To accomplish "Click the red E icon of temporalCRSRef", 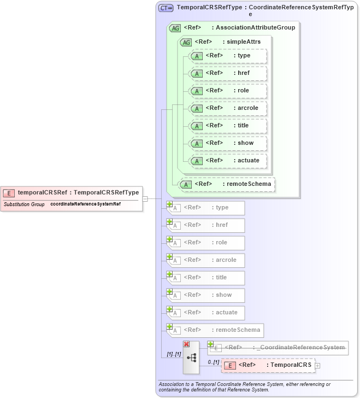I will pyautogui.click(x=9, y=192).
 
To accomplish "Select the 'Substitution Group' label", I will pyautogui.click(x=24, y=204).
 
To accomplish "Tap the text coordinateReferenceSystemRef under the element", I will pyautogui.click(x=85, y=204).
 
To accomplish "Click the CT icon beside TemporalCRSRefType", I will pyautogui.click(x=166, y=8).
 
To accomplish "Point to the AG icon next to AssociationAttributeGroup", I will pyautogui.click(x=175, y=28).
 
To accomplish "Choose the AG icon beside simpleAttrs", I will pyautogui.click(x=186, y=42).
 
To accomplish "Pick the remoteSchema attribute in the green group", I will pyautogui.click(x=227, y=184).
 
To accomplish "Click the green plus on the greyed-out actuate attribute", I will pyautogui.click(x=170, y=309).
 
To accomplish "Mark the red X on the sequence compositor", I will pyautogui.click(x=186, y=344).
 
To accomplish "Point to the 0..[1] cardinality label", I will pyautogui.click(x=213, y=362).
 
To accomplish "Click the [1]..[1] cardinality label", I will pyautogui.click(x=174, y=354).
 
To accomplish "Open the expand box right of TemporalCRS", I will pyautogui.click(x=318, y=365).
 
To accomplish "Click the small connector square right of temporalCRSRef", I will pyautogui.click(x=145, y=198).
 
